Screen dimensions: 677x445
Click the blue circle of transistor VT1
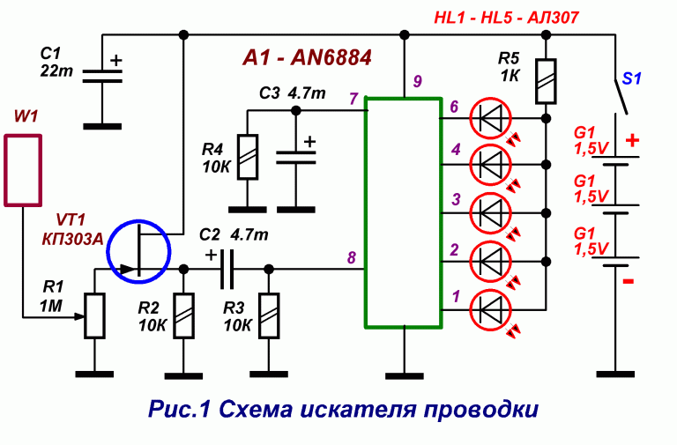click(108, 252)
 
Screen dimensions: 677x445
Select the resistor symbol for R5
click(546, 82)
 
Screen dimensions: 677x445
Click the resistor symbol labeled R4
click(248, 157)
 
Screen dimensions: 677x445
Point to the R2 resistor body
click(183, 316)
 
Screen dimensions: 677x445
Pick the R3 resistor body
click(269, 316)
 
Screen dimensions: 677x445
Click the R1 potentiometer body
click(94, 316)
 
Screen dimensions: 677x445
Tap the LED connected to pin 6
click(490, 118)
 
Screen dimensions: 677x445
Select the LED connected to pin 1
click(490, 310)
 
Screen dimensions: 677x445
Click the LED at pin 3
click(490, 213)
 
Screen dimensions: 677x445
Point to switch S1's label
click(632, 79)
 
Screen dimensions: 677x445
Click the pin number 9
click(417, 81)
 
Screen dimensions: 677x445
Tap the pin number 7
click(353, 100)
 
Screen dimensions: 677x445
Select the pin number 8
click(352, 257)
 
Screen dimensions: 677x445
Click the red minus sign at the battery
click(629, 281)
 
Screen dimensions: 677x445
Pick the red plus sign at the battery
click(632, 140)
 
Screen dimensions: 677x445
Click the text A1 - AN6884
click(307, 58)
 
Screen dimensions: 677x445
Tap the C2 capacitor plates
click(227, 269)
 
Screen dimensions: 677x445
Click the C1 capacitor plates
click(102, 76)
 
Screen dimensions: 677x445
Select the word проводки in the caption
click(481, 409)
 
